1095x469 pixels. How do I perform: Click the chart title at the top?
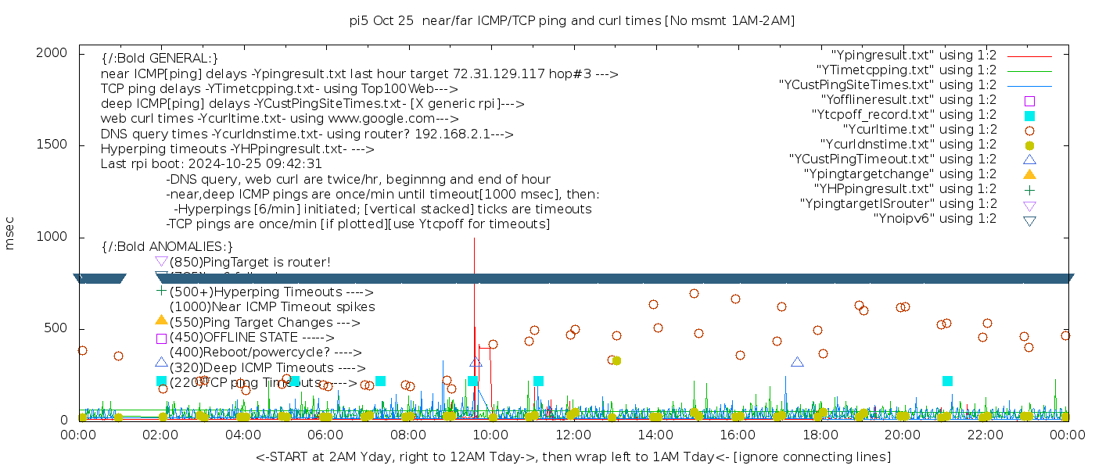(x=573, y=20)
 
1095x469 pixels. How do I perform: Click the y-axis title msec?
(x=10, y=236)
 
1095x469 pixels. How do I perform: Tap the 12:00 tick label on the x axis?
(x=573, y=435)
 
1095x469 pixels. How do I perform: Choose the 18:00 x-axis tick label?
(x=820, y=435)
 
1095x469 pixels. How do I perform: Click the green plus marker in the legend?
(x=1030, y=189)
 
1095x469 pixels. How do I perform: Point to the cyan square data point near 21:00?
(x=947, y=381)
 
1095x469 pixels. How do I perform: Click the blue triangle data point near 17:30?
(x=797, y=362)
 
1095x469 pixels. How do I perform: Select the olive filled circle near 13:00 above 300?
(x=616, y=361)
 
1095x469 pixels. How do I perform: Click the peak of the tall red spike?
(x=474, y=239)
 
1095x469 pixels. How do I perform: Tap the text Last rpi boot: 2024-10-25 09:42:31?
(x=211, y=164)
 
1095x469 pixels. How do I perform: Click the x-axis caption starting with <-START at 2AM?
(x=573, y=456)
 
